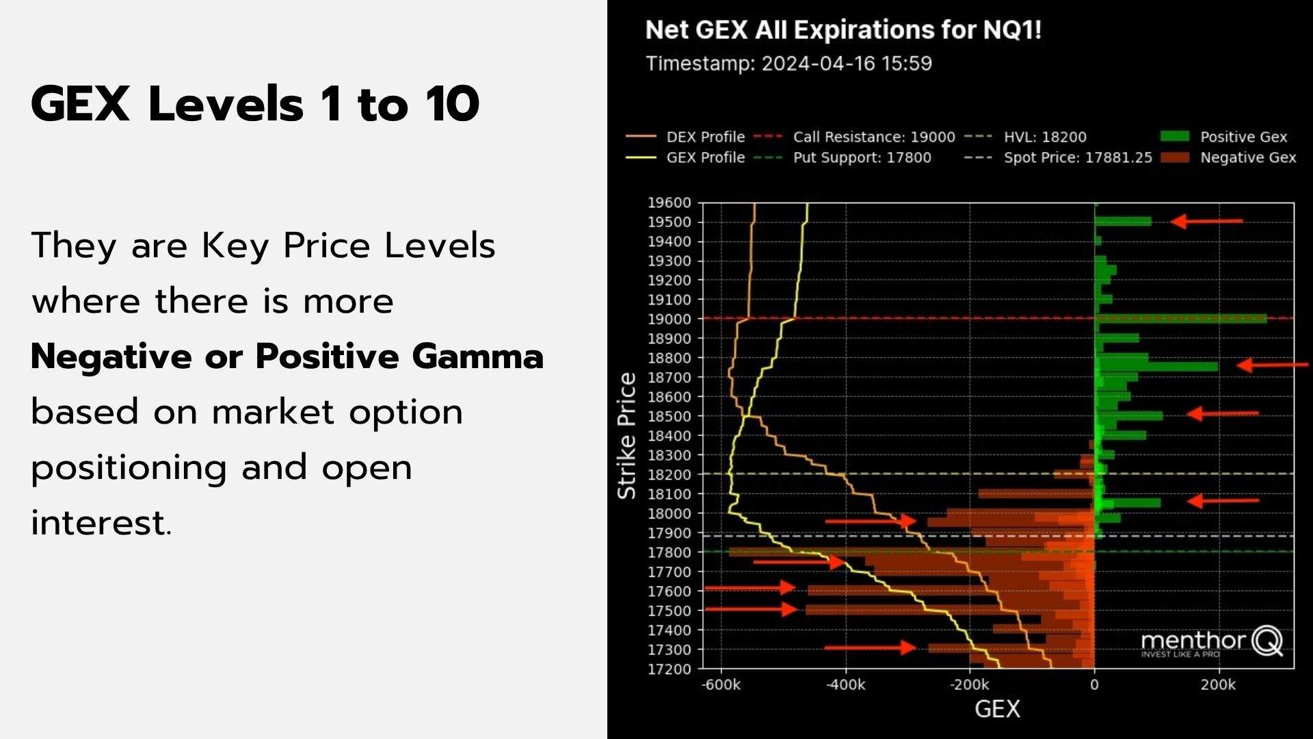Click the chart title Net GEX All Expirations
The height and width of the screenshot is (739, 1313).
(x=843, y=31)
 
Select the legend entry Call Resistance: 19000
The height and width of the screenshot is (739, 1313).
(x=873, y=137)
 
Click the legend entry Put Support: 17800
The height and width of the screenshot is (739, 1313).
(x=862, y=157)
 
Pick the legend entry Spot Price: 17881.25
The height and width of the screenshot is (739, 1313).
(x=1077, y=157)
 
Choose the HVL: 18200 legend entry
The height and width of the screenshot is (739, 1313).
(x=1044, y=137)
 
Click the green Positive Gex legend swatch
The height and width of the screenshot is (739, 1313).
(x=1175, y=136)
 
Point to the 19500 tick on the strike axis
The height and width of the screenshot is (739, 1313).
(x=669, y=222)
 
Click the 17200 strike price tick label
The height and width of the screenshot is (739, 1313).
(x=669, y=669)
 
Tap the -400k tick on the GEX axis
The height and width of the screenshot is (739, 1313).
(x=845, y=685)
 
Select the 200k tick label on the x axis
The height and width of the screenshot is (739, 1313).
(x=1218, y=685)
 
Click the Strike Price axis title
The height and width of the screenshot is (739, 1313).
(x=627, y=436)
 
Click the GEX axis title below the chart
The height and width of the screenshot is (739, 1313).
(x=997, y=710)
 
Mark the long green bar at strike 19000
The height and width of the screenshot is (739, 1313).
(x=1180, y=319)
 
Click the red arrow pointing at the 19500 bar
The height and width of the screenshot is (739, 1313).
(x=1207, y=221)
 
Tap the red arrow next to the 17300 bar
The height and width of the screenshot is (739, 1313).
(x=870, y=647)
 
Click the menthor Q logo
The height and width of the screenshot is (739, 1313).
(x=1211, y=642)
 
